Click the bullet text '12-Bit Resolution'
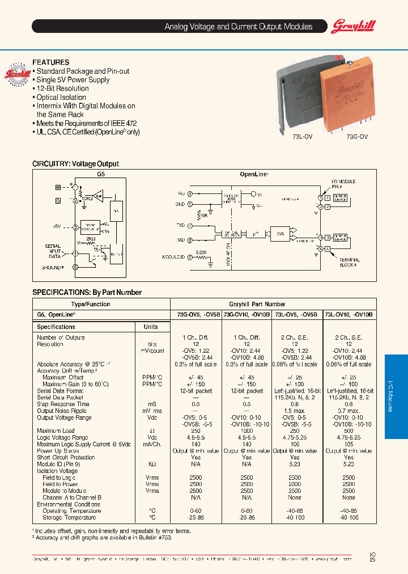(62, 88)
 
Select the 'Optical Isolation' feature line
(61, 98)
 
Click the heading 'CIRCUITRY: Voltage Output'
(75, 164)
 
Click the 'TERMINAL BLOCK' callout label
(350, 262)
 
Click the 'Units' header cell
(151, 327)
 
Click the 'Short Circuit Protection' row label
(66, 457)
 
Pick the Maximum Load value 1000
(246, 430)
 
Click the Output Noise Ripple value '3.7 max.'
(348, 411)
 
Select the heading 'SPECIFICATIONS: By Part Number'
(87, 293)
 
